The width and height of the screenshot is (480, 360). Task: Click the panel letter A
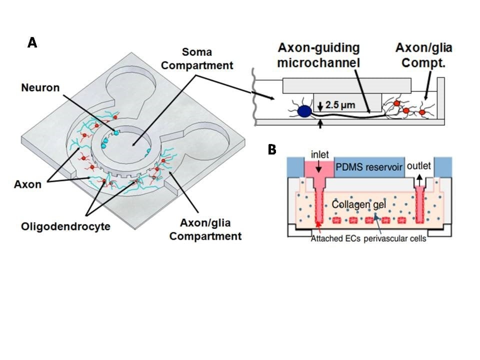click(x=32, y=43)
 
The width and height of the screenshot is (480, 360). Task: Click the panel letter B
click(x=272, y=149)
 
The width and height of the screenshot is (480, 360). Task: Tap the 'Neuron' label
click(x=40, y=88)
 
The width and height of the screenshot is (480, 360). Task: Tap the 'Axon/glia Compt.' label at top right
click(x=423, y=55)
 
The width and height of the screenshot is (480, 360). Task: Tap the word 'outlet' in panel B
click(x=419, y=164)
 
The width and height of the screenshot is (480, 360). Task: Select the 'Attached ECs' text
click(x=333, y=239)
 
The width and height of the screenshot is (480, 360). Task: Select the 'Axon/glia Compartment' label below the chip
click(x=205, y=230)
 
